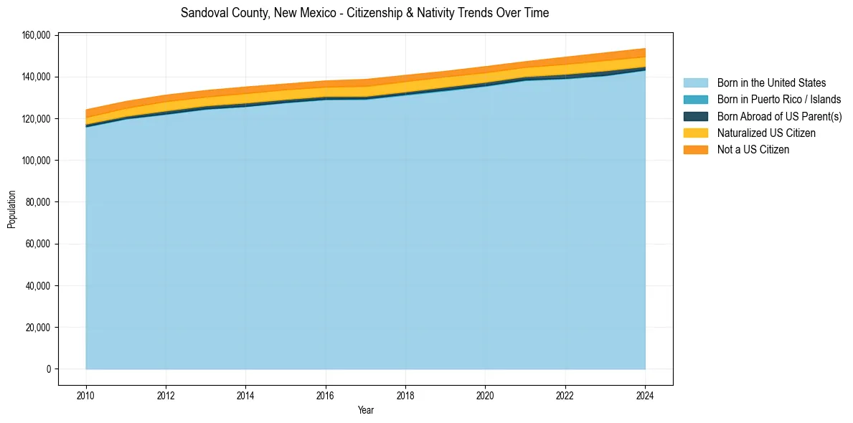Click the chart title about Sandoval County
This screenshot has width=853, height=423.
pos(364,13)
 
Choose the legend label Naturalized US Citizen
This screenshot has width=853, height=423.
pos(766,133)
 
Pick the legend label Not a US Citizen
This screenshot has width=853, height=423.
pos(753,149)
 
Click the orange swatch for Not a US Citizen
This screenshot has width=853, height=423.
pos(695,149)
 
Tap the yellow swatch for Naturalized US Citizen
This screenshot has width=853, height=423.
pos(695,133)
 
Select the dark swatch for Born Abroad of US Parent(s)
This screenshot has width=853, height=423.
pos(695,116)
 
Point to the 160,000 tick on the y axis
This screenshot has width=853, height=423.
pos(37,35)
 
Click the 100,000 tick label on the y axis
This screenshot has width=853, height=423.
pos(37,161)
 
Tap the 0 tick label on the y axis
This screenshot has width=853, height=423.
pos(49,369)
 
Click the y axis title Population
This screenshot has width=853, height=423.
pos(11,209)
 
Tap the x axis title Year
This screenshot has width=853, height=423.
pos(365,411)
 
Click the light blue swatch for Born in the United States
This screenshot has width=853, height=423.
pos(695,83)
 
